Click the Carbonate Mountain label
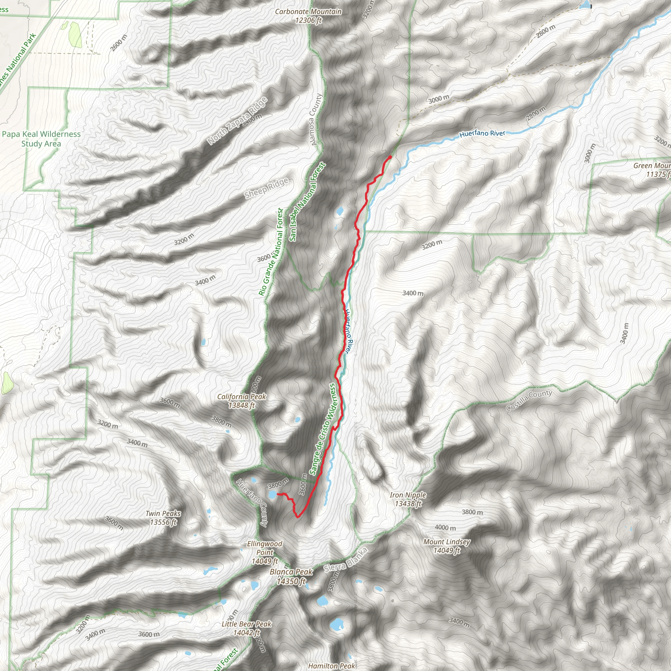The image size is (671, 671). click(308, 16)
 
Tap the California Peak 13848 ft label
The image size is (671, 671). click(242, 401)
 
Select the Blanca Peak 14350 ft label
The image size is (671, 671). click(291, 577)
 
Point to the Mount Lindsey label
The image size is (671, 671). click(447, 546)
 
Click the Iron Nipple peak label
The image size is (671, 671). click(408, 499)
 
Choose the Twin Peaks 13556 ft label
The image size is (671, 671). click(163, 517)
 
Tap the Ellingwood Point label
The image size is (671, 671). click(265, 552)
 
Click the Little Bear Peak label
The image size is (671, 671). click(246, 628)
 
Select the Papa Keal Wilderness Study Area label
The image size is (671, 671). click(41, 139)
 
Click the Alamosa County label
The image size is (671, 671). click(316, 119)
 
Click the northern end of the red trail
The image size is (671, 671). click(390, 157)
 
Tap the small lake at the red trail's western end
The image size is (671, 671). click(272, 494)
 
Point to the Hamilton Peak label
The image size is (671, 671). click(331, 665)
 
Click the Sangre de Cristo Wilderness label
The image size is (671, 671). click(323, 429)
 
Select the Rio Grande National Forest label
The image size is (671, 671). click(271, 252)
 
